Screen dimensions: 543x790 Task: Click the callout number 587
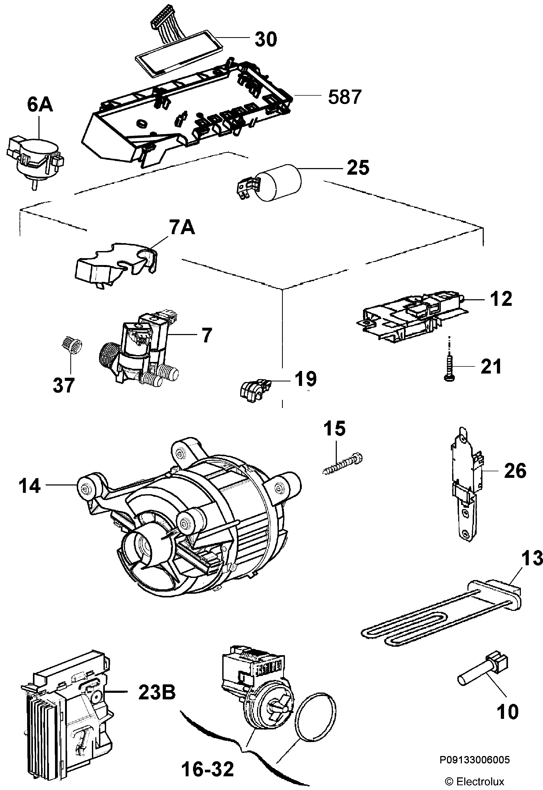tap(344, 97)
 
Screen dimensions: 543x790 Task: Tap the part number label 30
tap(266, 39)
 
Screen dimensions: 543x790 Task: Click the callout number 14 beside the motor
tap(29, 486)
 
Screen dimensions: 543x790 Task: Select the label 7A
tap(182, 227)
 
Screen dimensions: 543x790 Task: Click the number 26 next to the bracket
tap(515, 471)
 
